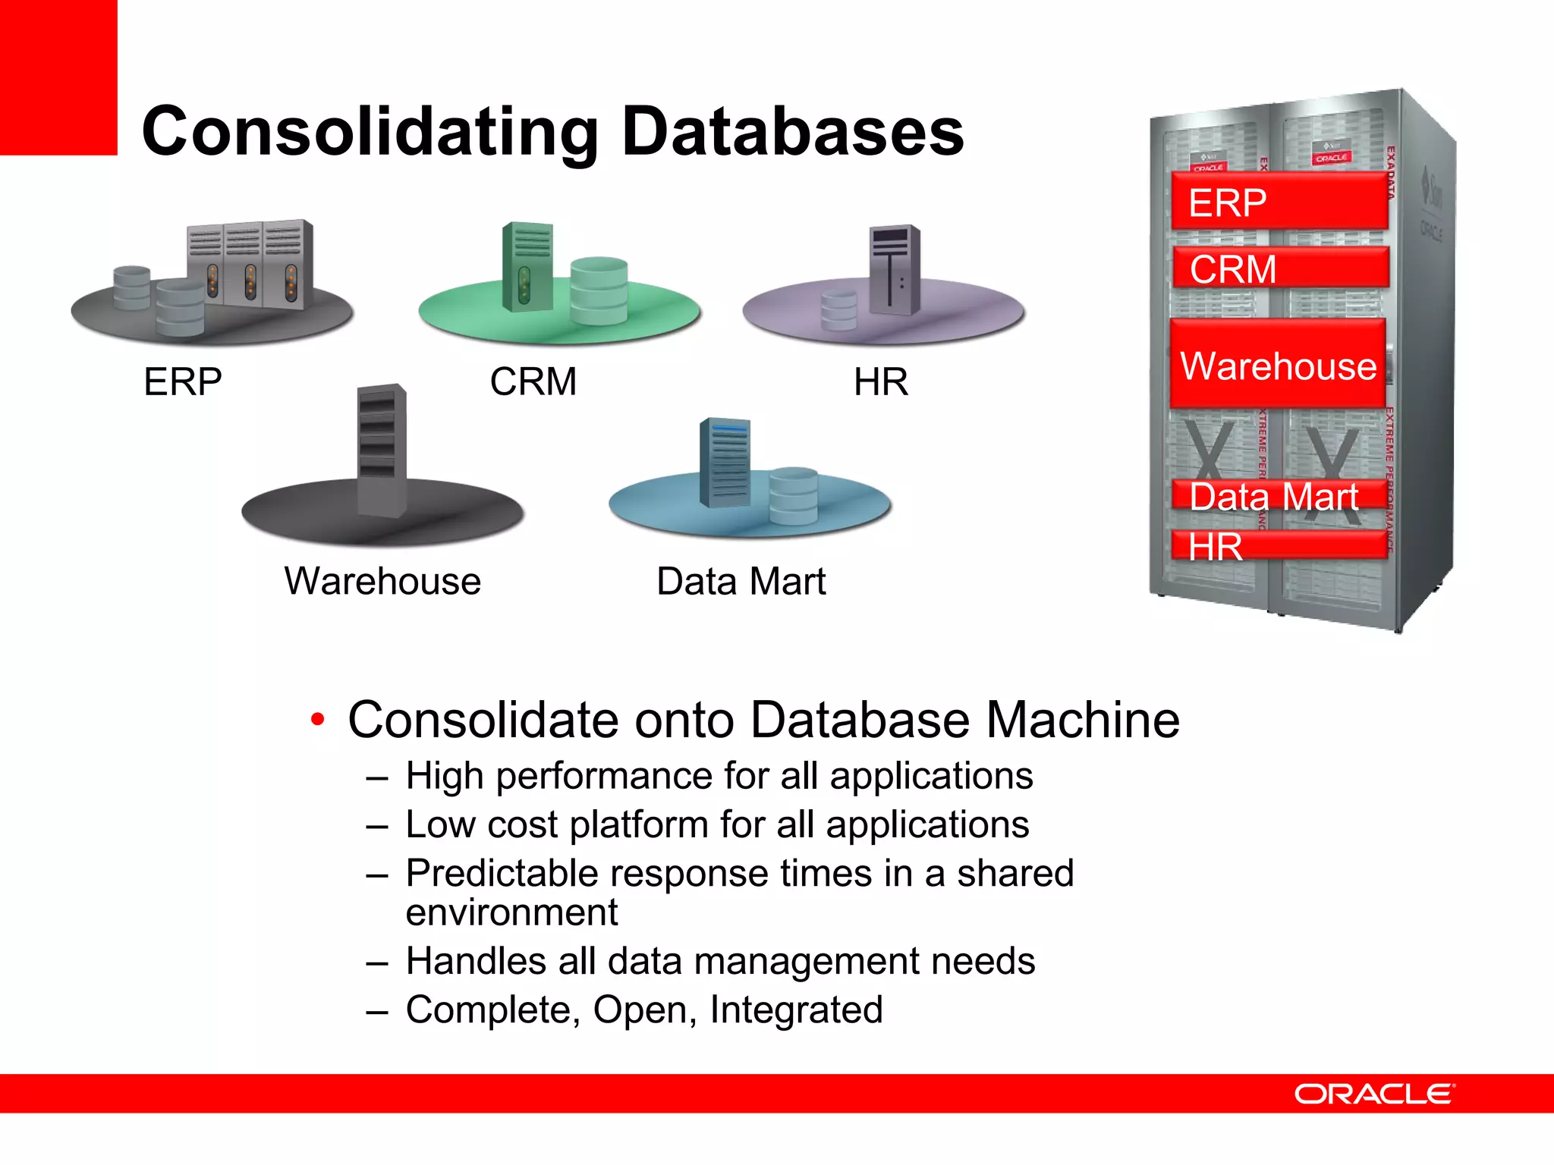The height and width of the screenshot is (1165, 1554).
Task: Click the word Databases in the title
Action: pyautogui.click(x=792, y=133)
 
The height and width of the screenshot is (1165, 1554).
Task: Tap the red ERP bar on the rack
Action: pyautogui.click(x=1279, y=202)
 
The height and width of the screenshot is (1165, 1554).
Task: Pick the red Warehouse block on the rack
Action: pyautogui.click(x=1278, y=365)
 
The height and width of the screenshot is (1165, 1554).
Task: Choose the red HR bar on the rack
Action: pyautogui.click(x=1279, y=545)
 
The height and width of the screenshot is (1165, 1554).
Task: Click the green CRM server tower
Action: pyautogui.click(x=527, y=266)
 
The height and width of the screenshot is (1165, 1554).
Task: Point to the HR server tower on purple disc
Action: pyautogui.click(x=894, y=269)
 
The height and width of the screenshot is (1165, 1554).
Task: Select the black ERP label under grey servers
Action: pyautogui.click(x=182, y=382)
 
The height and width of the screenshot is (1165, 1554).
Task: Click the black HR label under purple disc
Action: pyautogui.click(x=880, y=382)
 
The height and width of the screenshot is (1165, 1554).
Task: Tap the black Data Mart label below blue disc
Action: pyautogui.click(x=741, y=582)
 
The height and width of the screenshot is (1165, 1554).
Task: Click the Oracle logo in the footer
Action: pyautogui.click(x=1373, y=1094)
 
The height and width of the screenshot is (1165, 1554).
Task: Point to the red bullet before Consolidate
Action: pyautogui.click(x=318, y=719)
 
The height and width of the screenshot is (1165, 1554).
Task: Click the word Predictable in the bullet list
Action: pyautogui.click(x=513, y=873)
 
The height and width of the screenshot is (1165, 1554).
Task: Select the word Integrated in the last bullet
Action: pyautogui.click(x=796, y=1010)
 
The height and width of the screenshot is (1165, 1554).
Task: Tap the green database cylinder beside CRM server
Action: pyautogui.click(x=599, y=290)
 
